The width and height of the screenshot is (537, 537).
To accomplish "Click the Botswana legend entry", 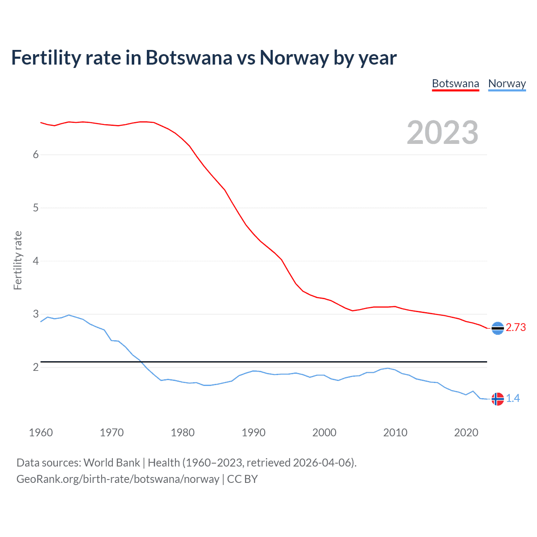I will [455, 83].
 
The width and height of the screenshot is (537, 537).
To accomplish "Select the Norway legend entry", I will [507, 83].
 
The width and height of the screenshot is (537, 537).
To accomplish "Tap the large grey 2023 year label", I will [443, 133].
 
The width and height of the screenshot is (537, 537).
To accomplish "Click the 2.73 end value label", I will [516, 328].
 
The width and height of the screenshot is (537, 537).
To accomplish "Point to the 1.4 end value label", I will [513, 398].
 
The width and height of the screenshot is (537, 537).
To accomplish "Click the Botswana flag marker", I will [498, 328].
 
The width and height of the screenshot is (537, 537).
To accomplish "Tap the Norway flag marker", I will [498, 399].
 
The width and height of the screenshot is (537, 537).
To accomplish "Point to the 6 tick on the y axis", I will [36, 155].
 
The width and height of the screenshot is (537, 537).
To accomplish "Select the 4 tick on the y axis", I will [36, 261].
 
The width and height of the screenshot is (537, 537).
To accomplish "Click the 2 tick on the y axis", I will [36, 368].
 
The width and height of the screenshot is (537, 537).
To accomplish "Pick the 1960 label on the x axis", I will [41, 433].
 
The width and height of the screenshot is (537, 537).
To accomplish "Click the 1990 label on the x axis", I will [253, 433].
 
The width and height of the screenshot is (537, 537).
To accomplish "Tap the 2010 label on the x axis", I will [395, 433].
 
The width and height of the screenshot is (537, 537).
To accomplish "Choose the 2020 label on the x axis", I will [466, 433].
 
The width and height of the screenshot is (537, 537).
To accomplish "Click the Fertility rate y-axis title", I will [18, 260].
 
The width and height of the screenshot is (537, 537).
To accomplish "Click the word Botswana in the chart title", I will [189, 58].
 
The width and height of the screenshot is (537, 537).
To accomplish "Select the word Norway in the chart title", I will [294, 58].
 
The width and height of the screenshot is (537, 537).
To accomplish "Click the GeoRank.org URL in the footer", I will [117, 479].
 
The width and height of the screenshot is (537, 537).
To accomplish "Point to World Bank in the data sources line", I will [112, 463].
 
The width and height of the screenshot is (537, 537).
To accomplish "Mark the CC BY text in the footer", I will [242, 479].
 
